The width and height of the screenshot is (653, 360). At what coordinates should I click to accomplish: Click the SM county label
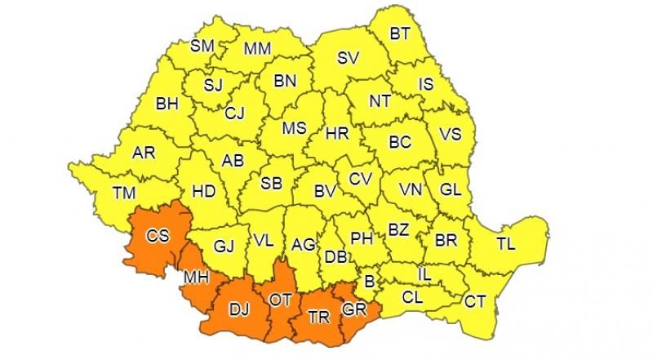tap(202, 47)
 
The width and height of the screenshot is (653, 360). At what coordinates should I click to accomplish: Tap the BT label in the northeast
tap(400, 34)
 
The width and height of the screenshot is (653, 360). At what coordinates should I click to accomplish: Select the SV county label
tap(349, 58)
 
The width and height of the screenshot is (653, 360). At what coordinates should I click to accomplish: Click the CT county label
tap(475, 301)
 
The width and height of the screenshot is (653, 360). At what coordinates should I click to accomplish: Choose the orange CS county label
tap(158, 237)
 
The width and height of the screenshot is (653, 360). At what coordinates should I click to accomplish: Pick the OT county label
tap(280, 300)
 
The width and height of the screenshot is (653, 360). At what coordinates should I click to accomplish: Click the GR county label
tap(354, 309)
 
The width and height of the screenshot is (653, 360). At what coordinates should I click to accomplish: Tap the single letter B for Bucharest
tap(369, 282)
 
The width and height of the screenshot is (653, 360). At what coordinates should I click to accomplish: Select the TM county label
tap(124, 193)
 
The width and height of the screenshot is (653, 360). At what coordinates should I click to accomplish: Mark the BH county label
tap(167, 104)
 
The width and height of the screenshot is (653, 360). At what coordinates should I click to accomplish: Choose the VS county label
tap(451, 136)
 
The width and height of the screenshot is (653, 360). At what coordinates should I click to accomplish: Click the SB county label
tap(271, 184)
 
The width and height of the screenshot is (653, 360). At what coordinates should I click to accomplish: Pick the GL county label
tap(451, 189)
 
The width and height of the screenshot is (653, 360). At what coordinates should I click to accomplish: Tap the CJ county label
tap(235, 113)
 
